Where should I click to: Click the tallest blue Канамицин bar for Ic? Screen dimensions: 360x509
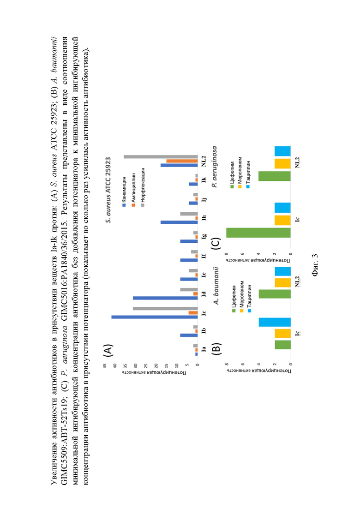(x=155, y=317)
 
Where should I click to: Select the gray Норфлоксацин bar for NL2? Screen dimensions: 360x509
(x=161, y=157)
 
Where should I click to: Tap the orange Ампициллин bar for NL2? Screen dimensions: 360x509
(x=182, y=161)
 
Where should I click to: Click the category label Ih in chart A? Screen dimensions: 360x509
(x=204, y=218)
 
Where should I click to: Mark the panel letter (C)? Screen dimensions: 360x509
(x=216, y=243)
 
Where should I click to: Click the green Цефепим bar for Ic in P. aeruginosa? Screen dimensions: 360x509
(x=258, y=233)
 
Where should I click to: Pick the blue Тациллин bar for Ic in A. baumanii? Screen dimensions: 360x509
(x=275, y=322)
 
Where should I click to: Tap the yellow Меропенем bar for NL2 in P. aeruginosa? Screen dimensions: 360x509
(x=283, y=164)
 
